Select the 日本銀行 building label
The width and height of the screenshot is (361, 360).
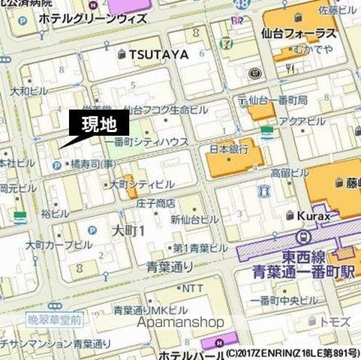point(228,149)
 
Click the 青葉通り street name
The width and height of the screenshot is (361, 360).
point(170,266)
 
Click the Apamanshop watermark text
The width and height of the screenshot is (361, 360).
point(181,322)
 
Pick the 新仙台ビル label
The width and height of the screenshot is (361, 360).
point(194,219)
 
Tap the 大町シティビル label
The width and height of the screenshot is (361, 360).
point(142,184)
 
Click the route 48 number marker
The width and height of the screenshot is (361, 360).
point(239,4)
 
